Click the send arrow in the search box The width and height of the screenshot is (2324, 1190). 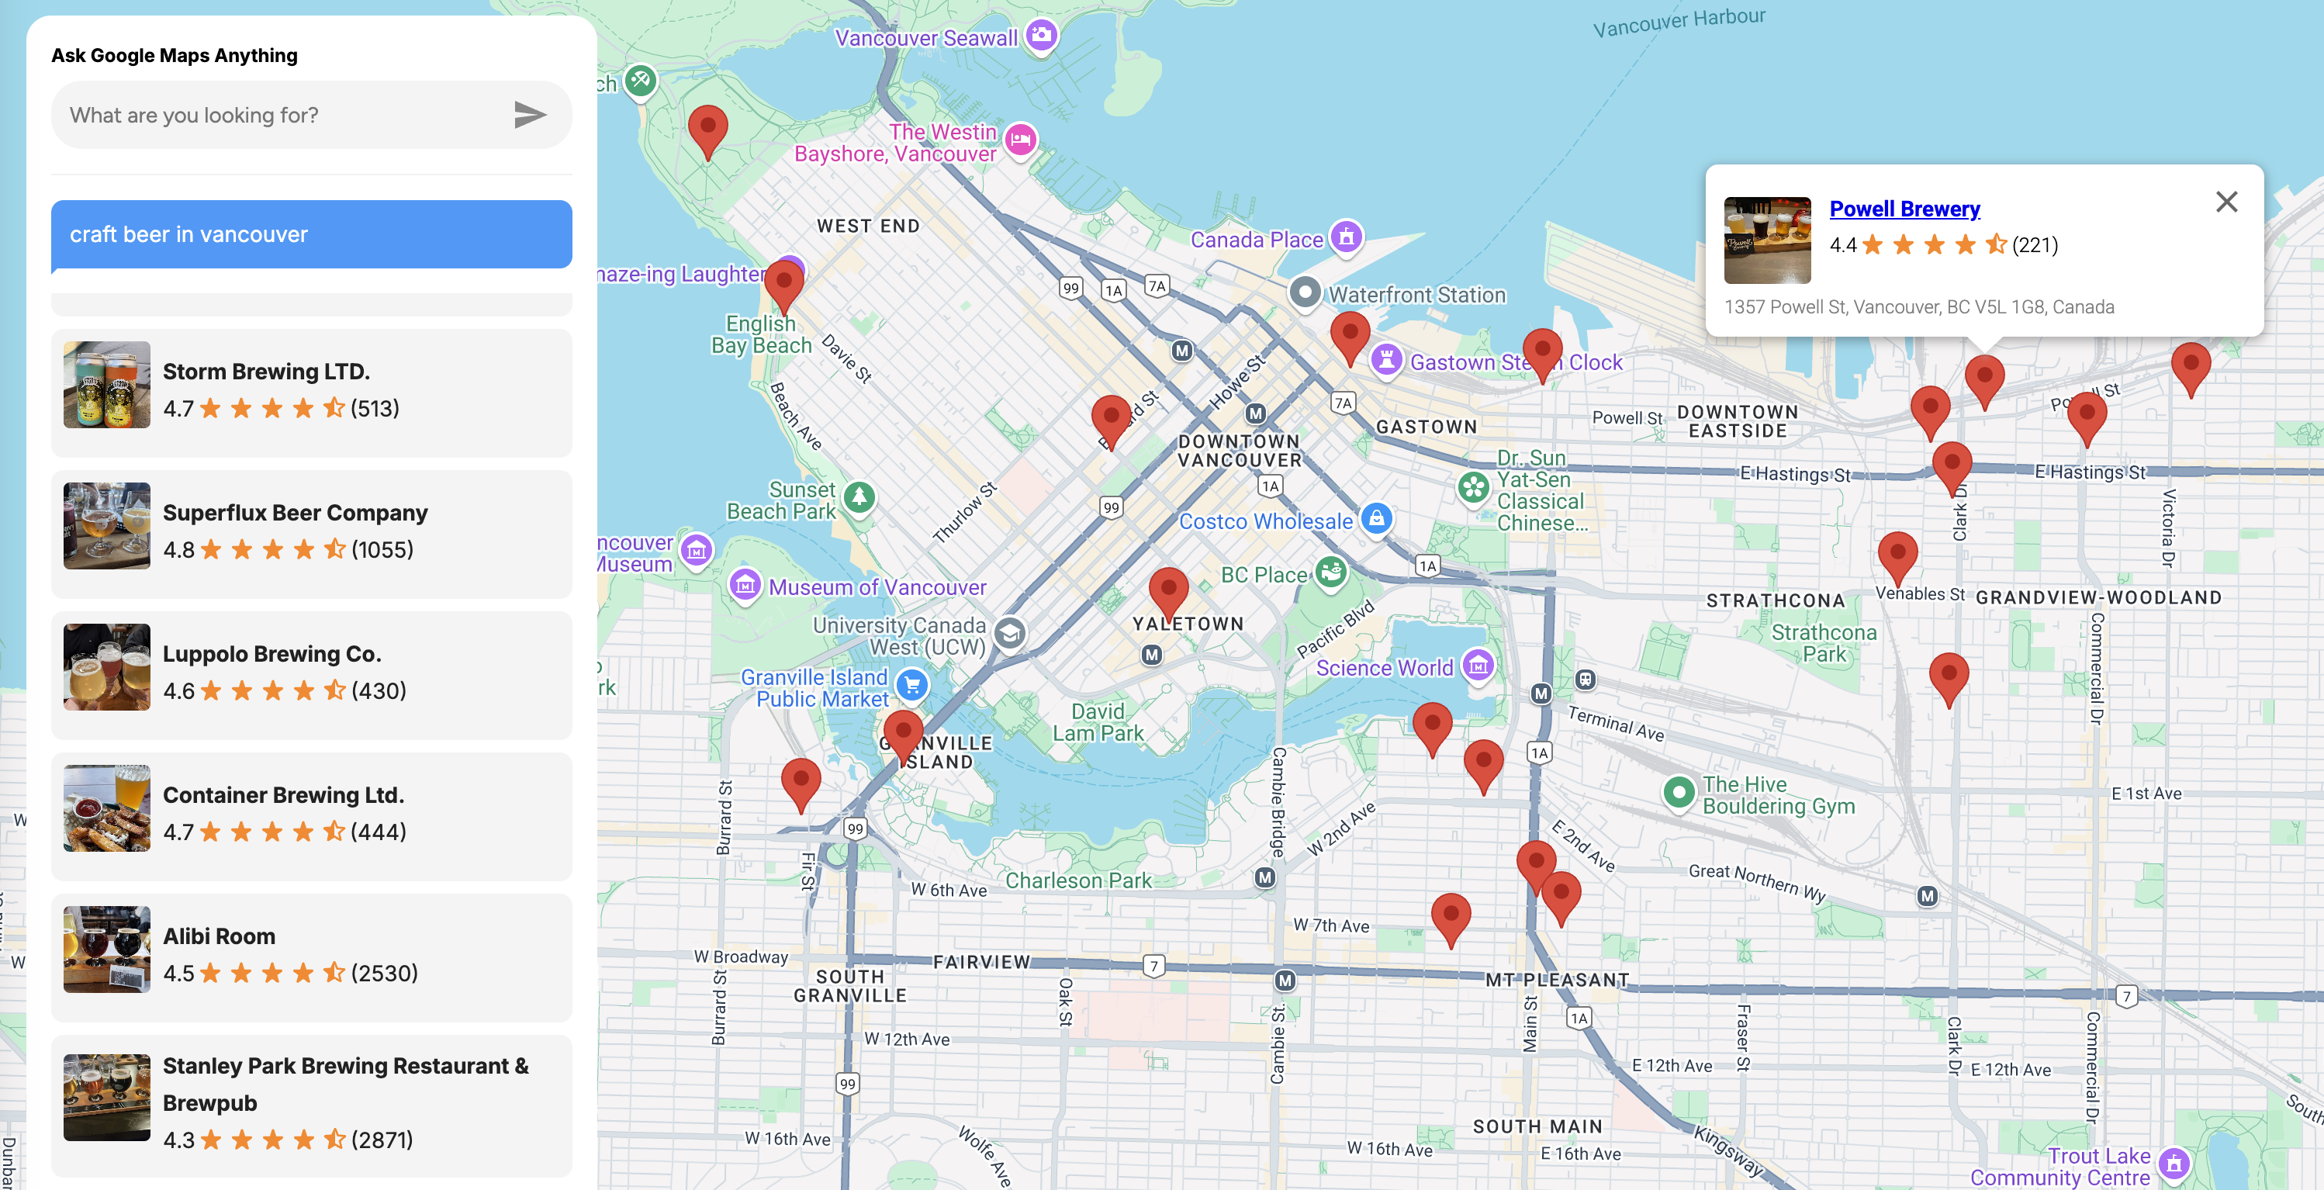point(530,115)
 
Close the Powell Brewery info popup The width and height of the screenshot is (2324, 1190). point(2225,202)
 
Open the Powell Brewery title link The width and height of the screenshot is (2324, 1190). point(1904,209)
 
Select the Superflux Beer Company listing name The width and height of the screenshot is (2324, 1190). point(295,513)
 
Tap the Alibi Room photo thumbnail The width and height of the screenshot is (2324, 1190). point(106,949)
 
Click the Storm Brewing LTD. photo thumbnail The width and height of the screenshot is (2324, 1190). point(106,384)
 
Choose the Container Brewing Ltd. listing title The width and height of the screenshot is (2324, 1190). point(283,795)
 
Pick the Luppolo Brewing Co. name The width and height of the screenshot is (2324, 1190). point(271,653)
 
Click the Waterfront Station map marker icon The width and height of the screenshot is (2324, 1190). point(1305,292)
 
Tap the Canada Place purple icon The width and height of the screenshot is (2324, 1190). point(1346,237)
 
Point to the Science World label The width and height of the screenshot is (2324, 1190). point(1384,668)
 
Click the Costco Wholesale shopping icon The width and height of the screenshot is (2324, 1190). point(1376,519)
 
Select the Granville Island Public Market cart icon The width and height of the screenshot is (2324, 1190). point(912,686)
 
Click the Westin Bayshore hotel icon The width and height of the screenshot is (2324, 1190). point(1020,140)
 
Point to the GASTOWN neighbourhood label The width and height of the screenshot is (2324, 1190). point(1426,427)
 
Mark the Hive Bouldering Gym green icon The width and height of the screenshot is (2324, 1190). point(1678,793)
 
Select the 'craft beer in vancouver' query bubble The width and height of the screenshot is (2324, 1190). point(311,234)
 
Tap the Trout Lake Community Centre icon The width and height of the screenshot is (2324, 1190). point(2174,1164)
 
